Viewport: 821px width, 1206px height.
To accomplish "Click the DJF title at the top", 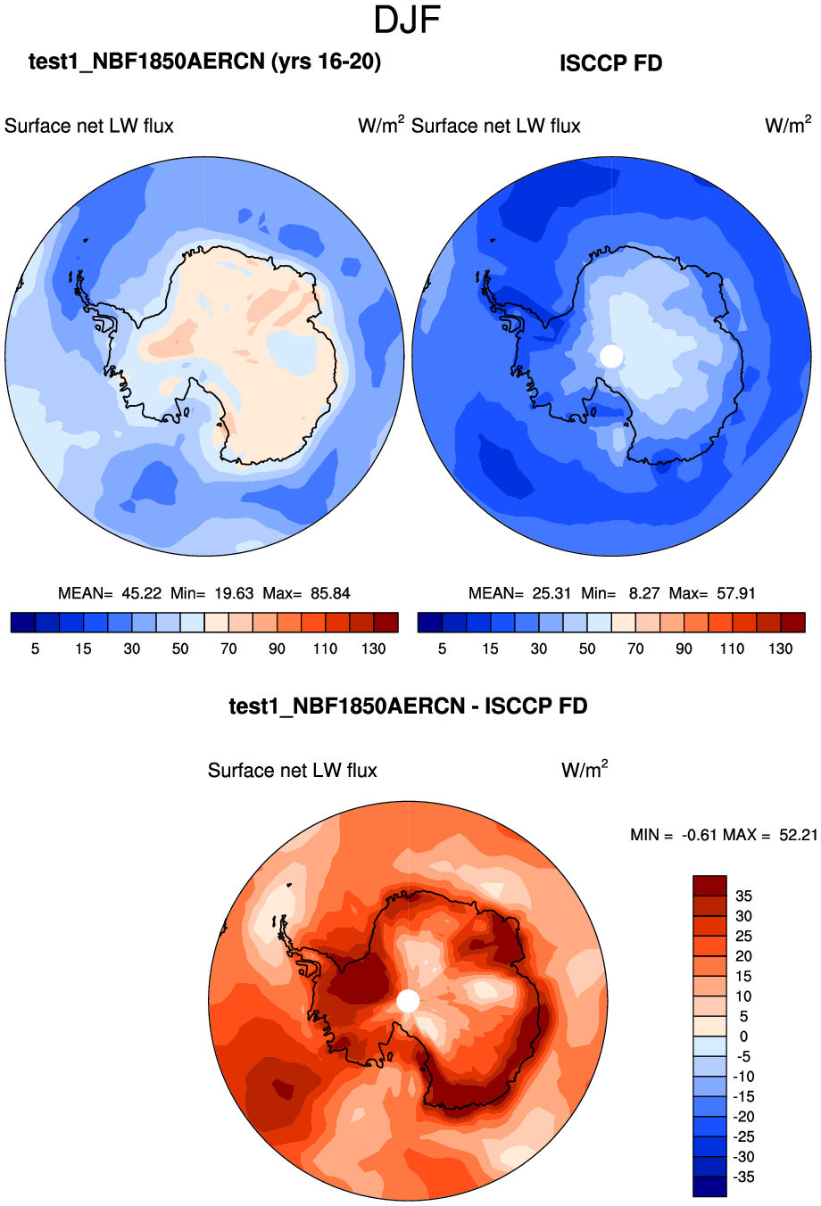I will point(407,20).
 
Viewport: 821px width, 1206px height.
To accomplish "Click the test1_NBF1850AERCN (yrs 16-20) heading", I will point(204,62).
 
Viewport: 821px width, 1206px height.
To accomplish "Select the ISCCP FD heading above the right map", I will point(610,63).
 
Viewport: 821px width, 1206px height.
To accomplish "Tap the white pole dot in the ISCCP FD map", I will point(611,356).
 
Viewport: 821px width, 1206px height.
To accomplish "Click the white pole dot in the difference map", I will point(408,1001).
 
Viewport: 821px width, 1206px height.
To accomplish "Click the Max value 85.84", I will point(330,593).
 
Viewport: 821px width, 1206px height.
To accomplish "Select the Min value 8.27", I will point(643,593).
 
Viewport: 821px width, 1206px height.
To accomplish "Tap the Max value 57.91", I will point(736,593).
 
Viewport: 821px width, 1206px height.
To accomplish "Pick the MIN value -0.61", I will point(699,835).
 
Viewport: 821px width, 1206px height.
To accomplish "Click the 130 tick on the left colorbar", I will point(373,648).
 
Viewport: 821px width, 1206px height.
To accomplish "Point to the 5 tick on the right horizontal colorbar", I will point(442,648).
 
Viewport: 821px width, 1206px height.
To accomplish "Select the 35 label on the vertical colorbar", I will point(742,896).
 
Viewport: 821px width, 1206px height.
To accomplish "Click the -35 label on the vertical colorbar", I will point(742,1177).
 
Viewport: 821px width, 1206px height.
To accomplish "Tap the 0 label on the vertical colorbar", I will point(743,1037).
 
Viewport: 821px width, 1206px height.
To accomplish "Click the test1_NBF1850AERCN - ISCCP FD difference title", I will point(408,706).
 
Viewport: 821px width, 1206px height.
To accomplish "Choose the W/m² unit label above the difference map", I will point(585,769).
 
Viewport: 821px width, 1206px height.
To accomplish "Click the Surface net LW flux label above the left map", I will point(89,126).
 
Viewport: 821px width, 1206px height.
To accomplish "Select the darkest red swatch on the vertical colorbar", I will point(709,886).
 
